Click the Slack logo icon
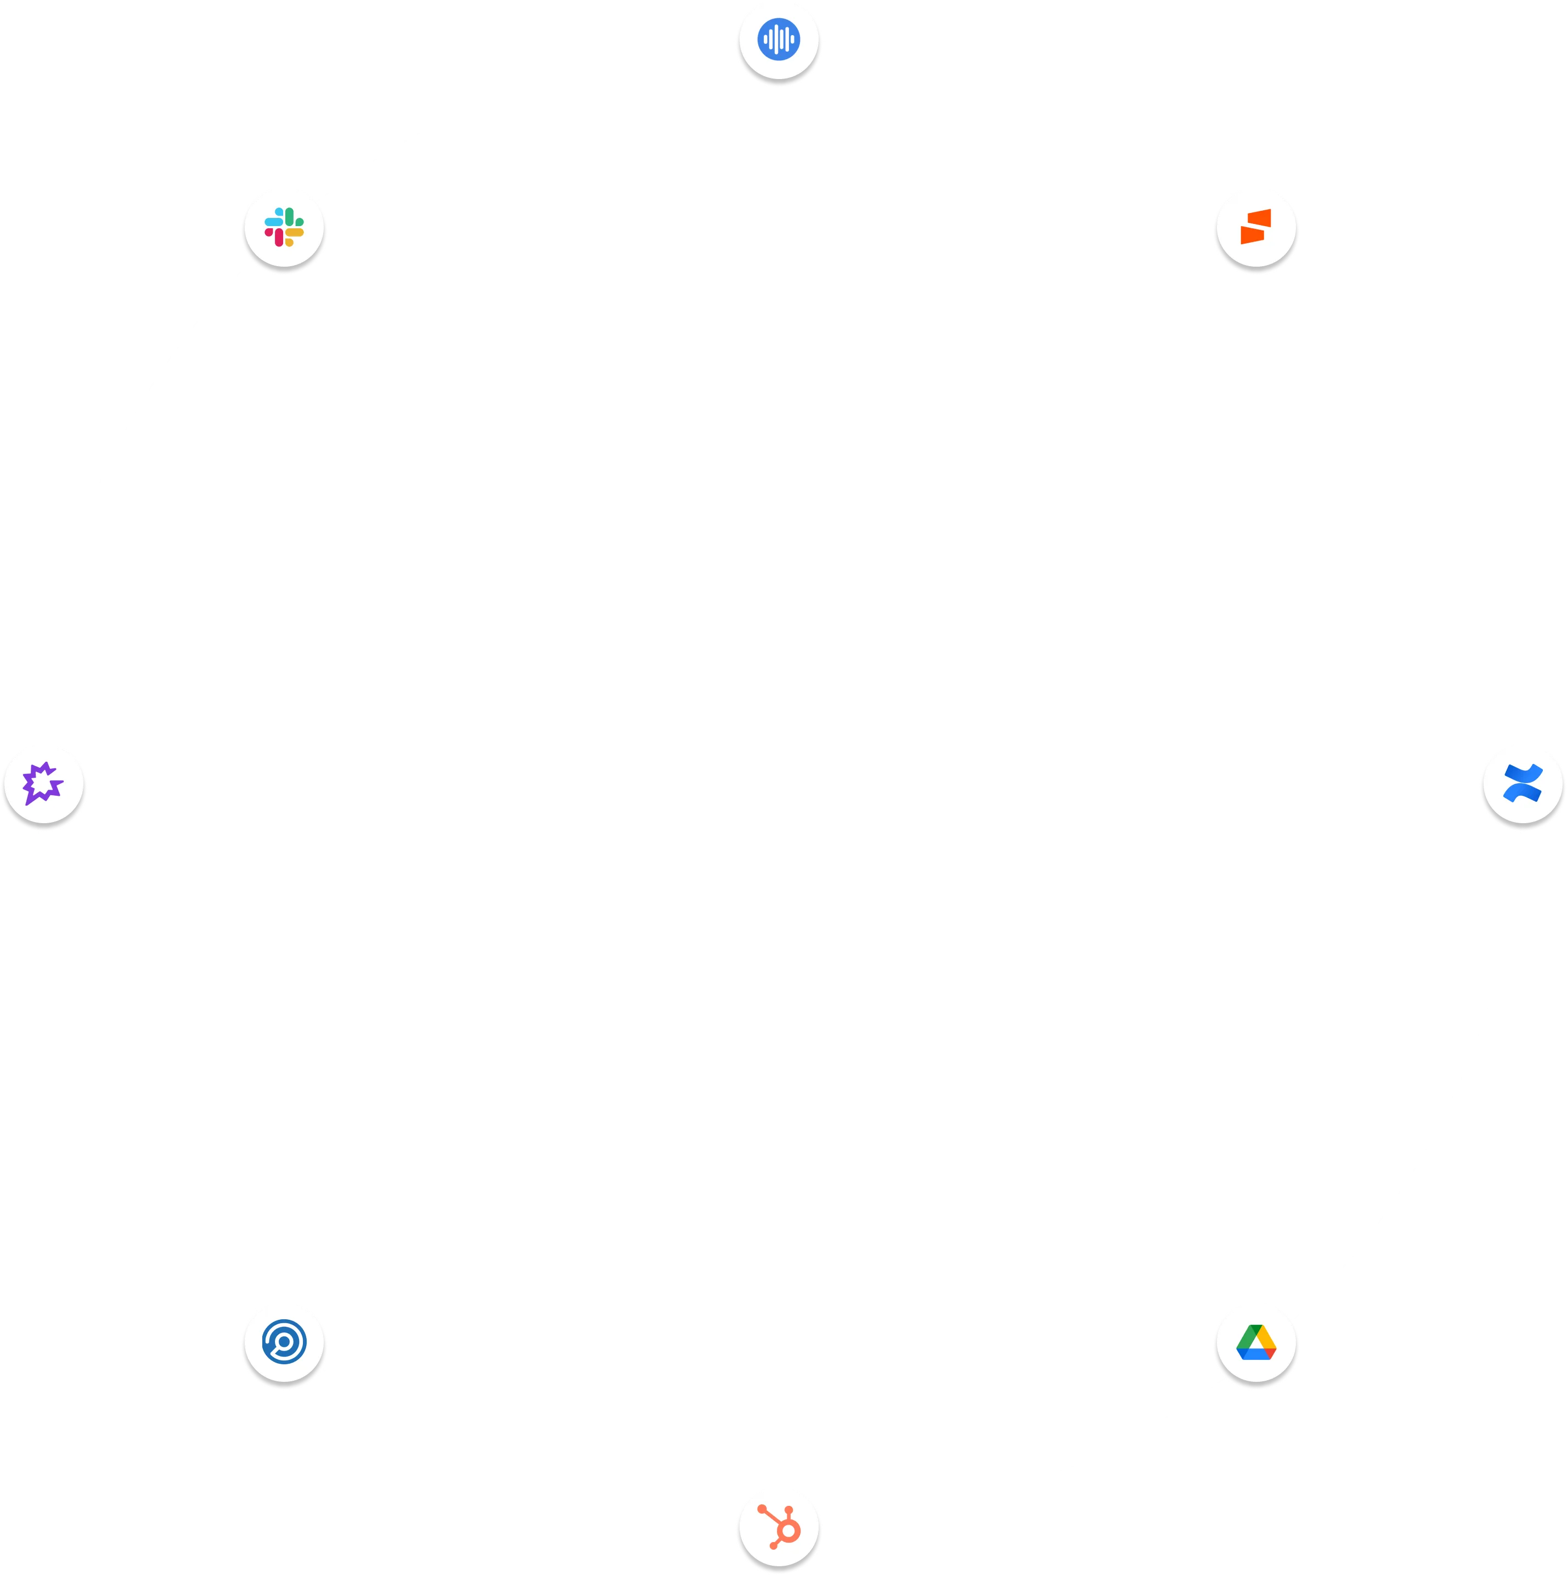coord(284,227)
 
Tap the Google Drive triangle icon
coord(1256,1342)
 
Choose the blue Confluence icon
coord(1522,784)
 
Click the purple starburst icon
coord(42,784)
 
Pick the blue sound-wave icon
coord(780,38)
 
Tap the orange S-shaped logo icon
coord(1256,227)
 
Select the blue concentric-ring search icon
coord(284,1342)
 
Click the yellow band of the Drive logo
coord(1262,1336)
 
